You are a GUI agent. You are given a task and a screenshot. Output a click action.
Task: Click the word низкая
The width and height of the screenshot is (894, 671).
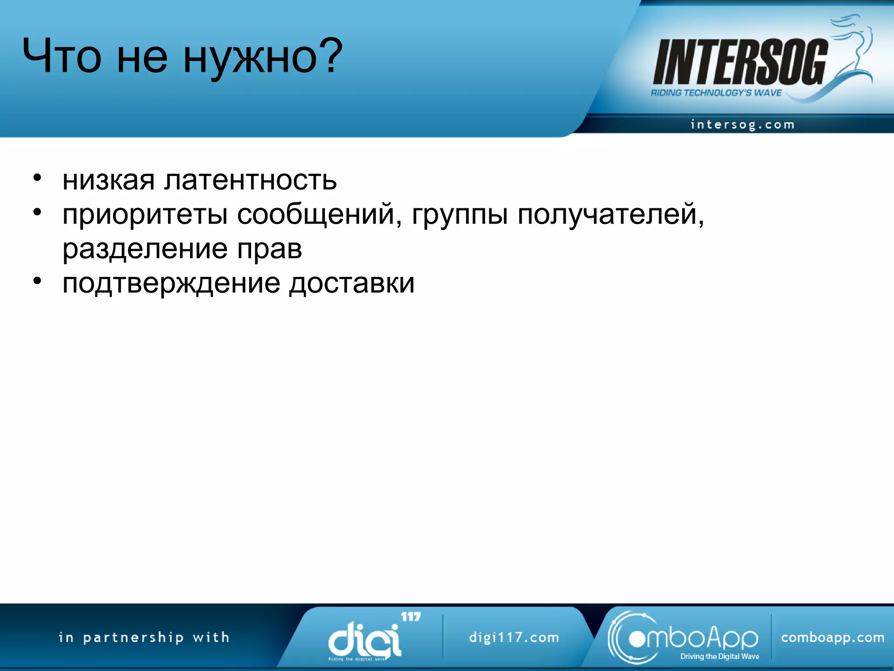(109, 180)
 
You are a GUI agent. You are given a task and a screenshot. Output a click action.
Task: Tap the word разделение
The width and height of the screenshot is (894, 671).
(145, 249)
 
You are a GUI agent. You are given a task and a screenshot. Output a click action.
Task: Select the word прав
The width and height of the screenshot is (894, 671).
(269, 249)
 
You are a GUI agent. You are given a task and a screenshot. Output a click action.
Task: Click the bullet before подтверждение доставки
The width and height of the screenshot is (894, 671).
(38, 281)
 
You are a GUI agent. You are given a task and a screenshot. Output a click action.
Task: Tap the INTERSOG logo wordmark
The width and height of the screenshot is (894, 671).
(739, 62)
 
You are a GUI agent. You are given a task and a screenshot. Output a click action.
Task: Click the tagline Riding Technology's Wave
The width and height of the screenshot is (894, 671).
(716, 93)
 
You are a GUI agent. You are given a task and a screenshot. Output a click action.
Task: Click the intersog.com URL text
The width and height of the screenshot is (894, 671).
(742, 125)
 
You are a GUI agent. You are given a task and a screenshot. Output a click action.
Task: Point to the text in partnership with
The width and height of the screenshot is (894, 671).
(144, 637)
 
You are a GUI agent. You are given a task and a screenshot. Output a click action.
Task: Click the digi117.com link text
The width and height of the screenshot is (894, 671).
(514, 637)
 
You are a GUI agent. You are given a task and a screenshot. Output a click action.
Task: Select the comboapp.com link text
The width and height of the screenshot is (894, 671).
(832, 637)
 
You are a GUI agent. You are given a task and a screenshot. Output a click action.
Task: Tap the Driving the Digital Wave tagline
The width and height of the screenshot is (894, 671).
(719, 656)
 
